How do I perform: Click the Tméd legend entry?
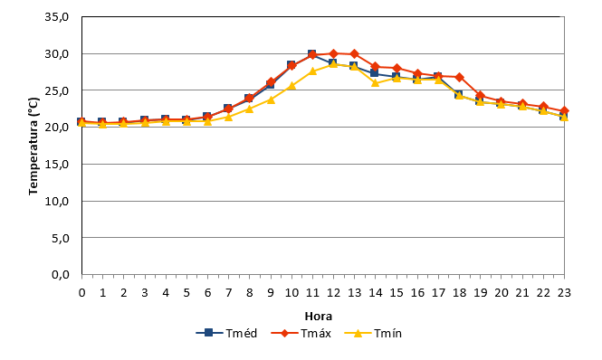pos(226,333)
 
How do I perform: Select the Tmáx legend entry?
pos(301,333)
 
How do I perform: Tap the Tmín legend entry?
pos(373,333)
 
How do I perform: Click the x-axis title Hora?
pos(319,317)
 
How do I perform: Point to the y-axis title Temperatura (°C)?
pos(33,146)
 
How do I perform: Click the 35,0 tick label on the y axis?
pos(57,17)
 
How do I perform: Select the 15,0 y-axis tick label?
pos(57,165)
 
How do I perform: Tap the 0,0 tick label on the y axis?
pos(61,275)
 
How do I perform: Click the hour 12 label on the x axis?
pos(333,293)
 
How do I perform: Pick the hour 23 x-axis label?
pos(564,293)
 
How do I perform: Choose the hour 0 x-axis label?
pos(81,293)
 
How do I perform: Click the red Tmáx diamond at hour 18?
pos(459,77)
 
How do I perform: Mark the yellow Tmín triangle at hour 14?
pos(375,82)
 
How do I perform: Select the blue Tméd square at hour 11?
pos(311,53)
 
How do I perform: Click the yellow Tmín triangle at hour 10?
pos(291,86)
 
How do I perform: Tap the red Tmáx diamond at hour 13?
pos(354,53)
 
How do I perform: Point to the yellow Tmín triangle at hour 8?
pos(249,109)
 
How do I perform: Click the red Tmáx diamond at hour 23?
pos(564,111)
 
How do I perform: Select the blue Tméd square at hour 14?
pos(375,73)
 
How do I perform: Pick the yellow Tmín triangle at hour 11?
pos(312,71)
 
